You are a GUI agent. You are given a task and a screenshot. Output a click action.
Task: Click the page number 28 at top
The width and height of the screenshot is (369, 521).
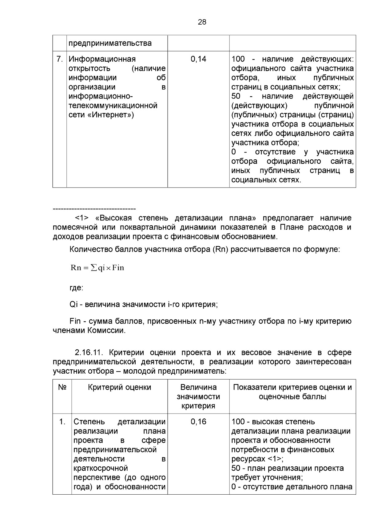[x=202, y=22]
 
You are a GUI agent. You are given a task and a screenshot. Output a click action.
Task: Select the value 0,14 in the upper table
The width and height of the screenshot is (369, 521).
[x=198, y=59]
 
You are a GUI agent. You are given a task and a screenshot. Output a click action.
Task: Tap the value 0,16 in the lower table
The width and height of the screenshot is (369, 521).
[x=198, y=422]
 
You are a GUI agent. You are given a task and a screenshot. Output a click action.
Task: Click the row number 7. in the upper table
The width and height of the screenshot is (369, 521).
[x=60, y=59]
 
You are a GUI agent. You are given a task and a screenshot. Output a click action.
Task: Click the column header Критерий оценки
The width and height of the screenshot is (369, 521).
[x=119, y=387]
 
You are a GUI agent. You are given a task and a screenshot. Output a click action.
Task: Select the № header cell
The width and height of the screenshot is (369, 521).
[x=62, y=387]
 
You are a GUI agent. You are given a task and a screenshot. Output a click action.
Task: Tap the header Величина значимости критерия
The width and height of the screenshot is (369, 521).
[x=198, y=396]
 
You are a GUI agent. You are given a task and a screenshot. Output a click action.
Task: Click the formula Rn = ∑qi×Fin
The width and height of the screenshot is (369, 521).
[x=97, y=267]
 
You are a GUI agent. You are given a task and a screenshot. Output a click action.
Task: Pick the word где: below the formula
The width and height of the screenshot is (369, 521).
[x=76, y=288]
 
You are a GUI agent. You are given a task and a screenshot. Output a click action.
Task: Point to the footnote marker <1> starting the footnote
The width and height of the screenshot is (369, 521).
[x=82, y=218]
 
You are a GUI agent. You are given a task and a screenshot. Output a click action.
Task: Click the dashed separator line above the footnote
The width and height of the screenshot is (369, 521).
[x=94, y=209]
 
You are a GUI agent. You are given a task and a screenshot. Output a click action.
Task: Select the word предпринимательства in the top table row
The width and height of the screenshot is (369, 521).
[x=110, y=43]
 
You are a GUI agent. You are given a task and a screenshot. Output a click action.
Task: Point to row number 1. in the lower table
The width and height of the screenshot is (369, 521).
[x=62, y=422]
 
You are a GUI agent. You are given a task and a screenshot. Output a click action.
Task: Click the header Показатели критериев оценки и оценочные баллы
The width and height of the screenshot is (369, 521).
[x=292, y=392]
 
